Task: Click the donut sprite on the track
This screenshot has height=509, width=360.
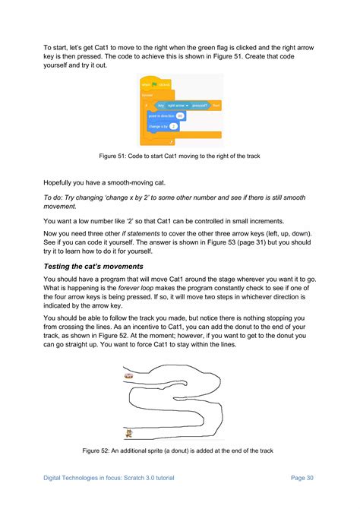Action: (129, 375)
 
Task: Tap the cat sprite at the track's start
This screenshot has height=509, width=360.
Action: (129, 434)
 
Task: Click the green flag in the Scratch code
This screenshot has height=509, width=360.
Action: (155, 84)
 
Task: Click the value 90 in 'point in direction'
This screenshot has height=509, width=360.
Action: (180, 115)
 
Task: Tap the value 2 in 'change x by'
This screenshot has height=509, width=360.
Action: (174, 126)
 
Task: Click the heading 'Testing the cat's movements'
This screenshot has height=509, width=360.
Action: (93, 267)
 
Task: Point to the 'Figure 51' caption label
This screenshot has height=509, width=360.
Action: (115, 156)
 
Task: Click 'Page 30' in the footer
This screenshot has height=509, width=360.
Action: (302, 478)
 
